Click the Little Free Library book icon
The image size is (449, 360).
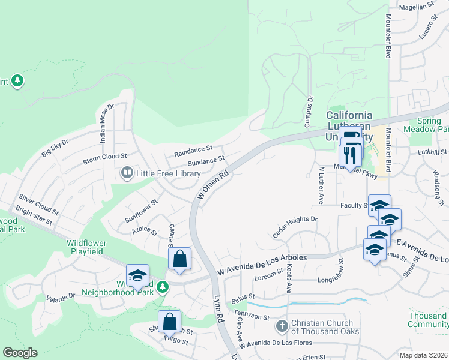point(127,173)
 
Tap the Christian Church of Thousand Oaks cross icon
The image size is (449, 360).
point(282,327)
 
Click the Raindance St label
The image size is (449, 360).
point(193,151)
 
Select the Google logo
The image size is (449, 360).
point(20,353)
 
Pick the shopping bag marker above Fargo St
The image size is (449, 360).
point(170,322)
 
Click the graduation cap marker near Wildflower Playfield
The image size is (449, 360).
point(137,275)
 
